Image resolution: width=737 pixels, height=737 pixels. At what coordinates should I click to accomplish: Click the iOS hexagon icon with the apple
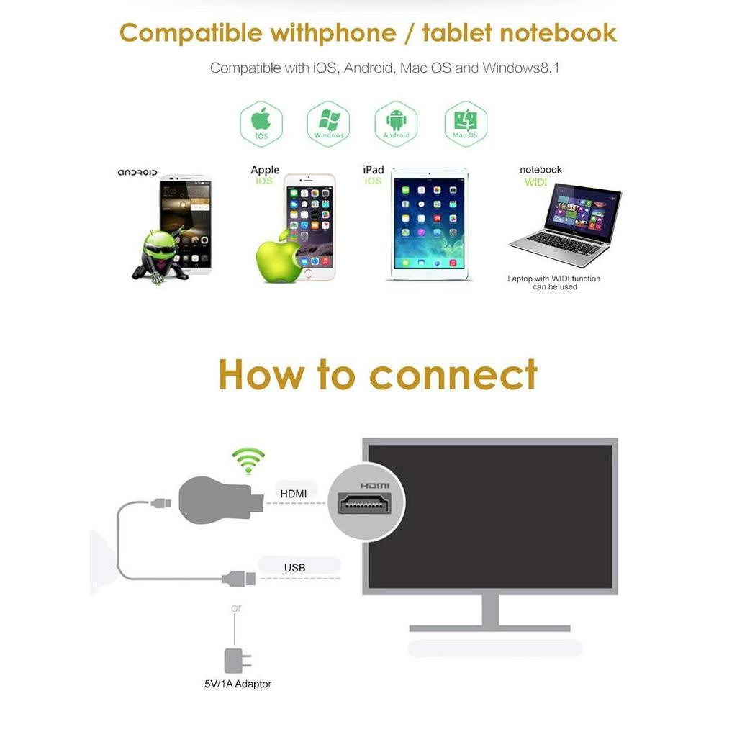pos(261,124)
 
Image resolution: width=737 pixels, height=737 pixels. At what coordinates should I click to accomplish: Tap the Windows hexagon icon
pos(328,124)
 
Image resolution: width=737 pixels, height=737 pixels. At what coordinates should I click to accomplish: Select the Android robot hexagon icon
pos(397,124)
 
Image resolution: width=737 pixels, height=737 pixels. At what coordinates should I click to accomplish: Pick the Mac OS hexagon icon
pos(466,124)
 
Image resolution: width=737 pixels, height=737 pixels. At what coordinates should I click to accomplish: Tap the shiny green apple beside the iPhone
pos(279,257)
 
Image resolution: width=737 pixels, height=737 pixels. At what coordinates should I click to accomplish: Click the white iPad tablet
pos(429,224)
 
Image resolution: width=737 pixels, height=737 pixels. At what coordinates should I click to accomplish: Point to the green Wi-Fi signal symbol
pos(248,461)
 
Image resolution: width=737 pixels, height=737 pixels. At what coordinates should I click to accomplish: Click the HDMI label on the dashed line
pos(294,494)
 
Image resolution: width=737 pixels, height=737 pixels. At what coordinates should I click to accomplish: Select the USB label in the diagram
pos(294,568)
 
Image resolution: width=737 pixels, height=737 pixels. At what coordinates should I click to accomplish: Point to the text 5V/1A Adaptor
pos(238,684)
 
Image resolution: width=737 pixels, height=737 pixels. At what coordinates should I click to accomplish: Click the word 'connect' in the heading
pos(453,375)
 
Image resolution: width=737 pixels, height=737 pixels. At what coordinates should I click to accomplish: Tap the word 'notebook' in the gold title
pos(558,33)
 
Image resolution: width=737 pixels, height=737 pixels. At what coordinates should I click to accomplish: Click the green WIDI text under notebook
pos(535,182)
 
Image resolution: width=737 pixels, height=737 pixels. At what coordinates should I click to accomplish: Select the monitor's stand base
pos(489,628)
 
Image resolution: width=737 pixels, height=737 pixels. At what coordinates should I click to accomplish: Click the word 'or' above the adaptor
pos(236,608)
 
